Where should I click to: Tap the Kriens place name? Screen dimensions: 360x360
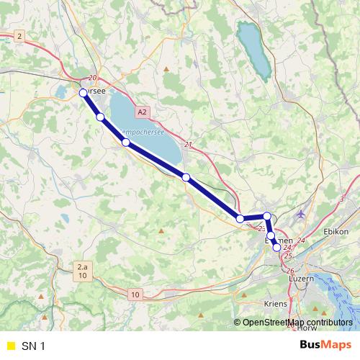tap(276, 304)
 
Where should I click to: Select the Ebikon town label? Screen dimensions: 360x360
tap(336, 231)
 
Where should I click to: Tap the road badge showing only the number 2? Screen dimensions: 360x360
tap(19, 35)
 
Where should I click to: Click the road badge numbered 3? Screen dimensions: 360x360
tap(341, 198)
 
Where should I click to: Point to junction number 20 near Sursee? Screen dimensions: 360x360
tap(91, 78)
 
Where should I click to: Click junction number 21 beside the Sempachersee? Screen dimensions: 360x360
tap(189, 145)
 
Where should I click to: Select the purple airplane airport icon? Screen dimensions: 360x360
tap(300, 214)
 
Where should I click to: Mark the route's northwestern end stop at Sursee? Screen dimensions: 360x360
tap(83, 93)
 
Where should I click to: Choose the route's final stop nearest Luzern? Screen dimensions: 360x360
tap(277, 247)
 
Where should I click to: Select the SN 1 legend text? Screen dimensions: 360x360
tap(33, 346)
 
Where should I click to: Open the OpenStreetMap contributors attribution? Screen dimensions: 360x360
tap(297, 321)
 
